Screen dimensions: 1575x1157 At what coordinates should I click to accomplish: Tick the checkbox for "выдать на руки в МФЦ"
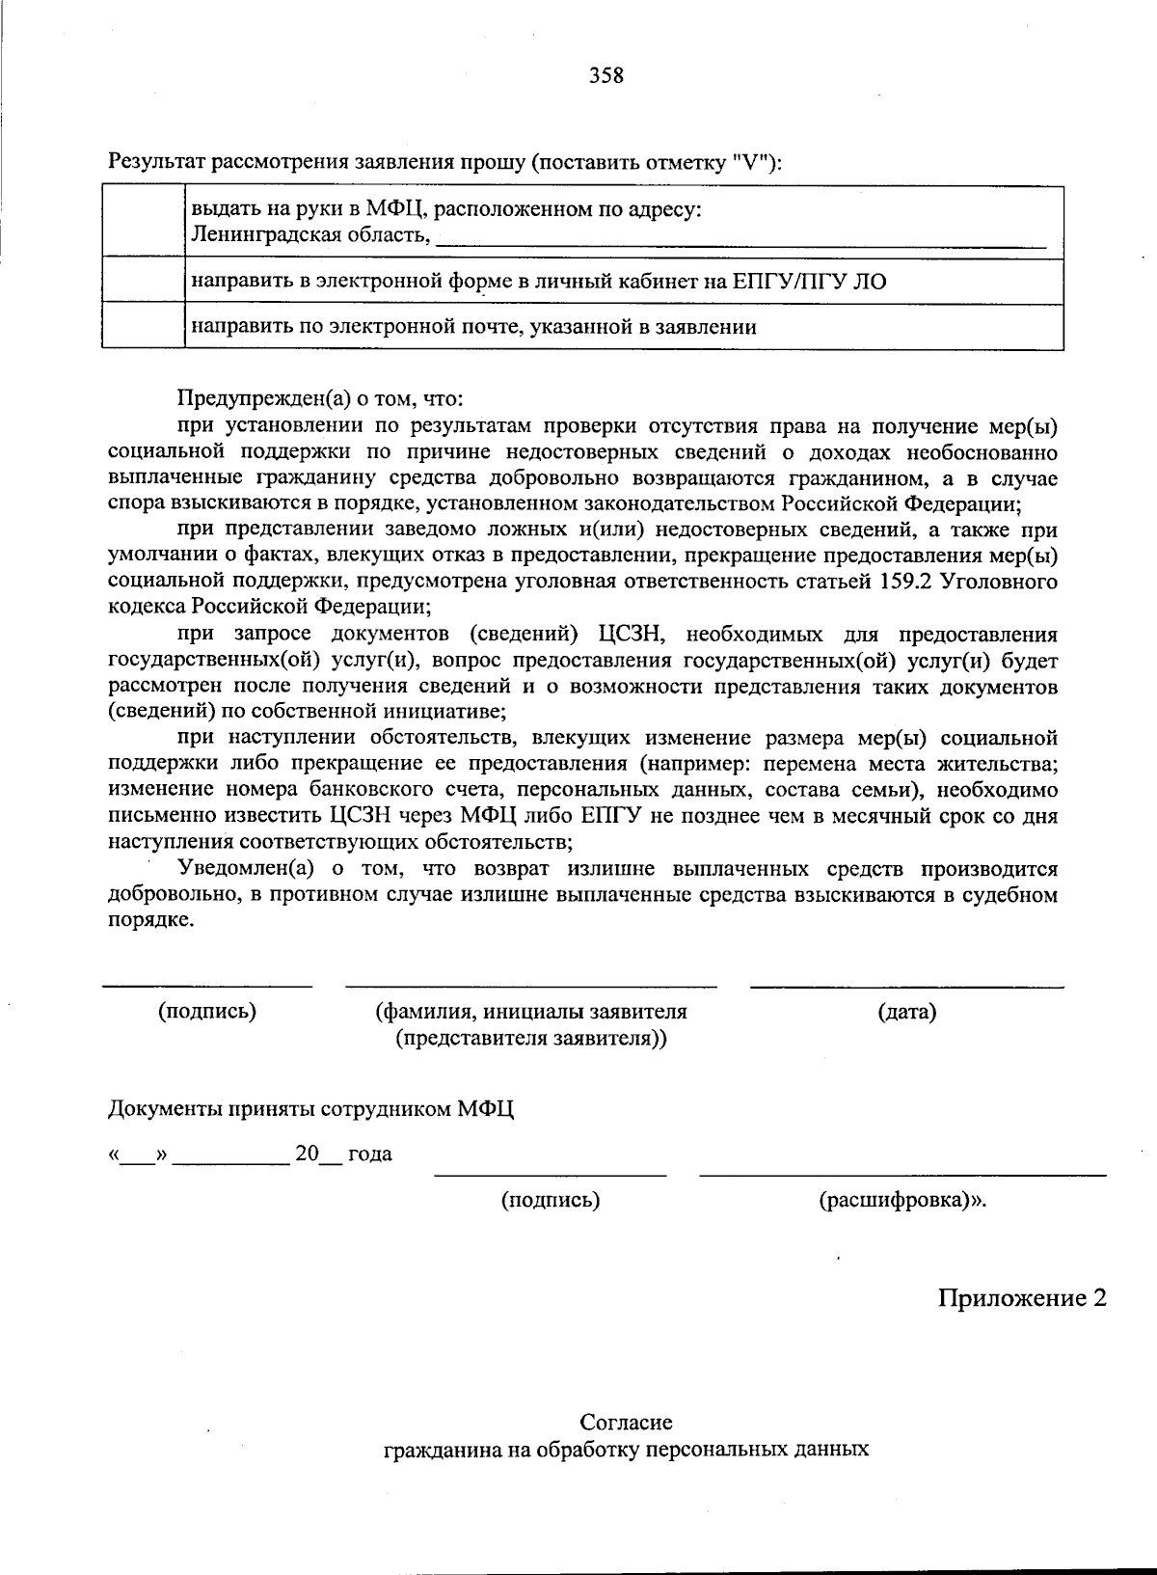pos(143,221)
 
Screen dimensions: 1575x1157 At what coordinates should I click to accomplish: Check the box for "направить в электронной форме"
pos(143,280)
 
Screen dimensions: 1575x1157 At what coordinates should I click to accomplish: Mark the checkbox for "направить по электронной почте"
pos(143,325)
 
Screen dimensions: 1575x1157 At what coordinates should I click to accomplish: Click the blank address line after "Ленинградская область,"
pos(740,241)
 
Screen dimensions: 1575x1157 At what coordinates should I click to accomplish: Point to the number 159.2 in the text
pos(904,582)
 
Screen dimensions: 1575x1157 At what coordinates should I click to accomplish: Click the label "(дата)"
pos(906,1012)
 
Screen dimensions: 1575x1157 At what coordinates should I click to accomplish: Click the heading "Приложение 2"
pos(1022,1297)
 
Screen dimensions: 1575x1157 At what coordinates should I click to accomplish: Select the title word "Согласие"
pos(626,1423)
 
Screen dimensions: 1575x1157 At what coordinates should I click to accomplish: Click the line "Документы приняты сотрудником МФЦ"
pos(310,1109)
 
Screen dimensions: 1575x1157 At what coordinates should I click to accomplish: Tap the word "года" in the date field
pos(369,1154)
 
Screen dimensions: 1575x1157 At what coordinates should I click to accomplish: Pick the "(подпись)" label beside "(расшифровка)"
pos(550,1200)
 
